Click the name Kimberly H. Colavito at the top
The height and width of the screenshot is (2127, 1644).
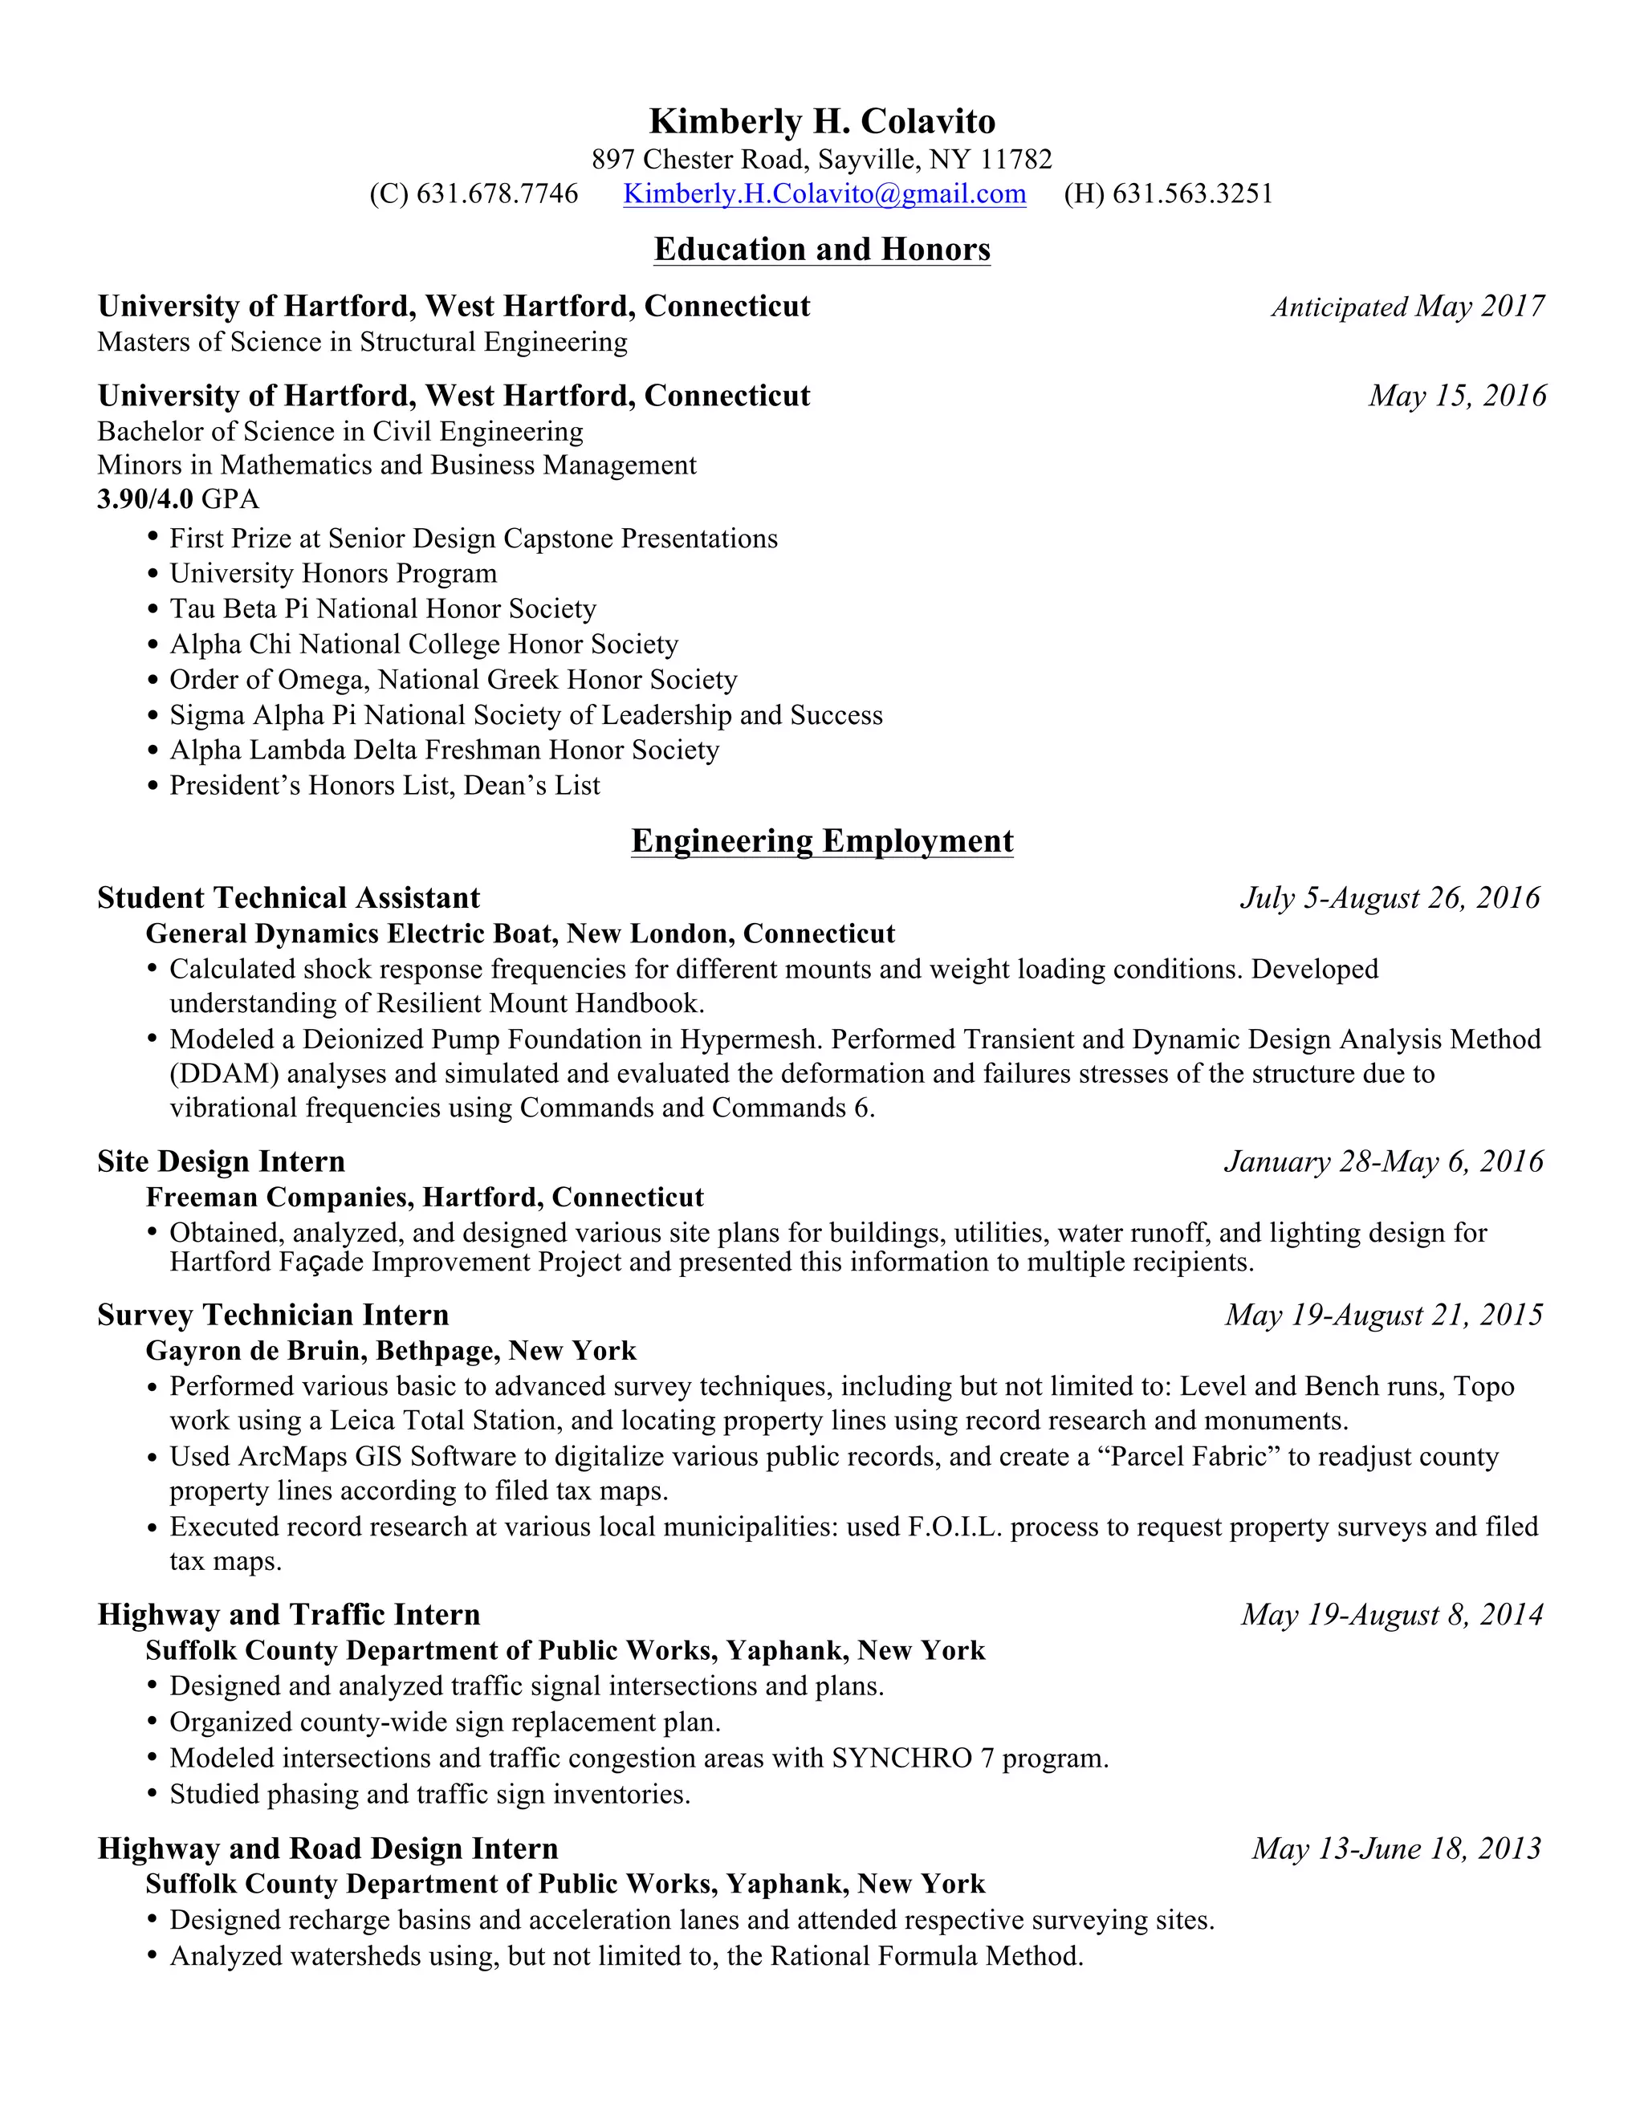point(822,122)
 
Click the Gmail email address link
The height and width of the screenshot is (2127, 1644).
point(824,193)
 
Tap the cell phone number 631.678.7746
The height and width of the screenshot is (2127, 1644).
point(497,193)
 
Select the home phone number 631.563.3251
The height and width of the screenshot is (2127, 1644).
point(1192,193)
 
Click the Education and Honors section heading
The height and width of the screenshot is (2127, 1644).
point(822,250)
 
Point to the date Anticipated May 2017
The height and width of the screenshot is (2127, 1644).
point(1407,307)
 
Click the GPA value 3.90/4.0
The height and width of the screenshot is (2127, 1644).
point(145,499)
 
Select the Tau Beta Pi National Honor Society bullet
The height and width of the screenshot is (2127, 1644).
point(382,608)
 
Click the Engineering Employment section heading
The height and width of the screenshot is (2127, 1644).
point(822,840)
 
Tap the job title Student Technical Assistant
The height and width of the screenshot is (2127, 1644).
point(288,898)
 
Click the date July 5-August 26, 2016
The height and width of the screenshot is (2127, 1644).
point(1390,898)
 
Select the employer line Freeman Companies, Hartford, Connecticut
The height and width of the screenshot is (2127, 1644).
point(425,1197)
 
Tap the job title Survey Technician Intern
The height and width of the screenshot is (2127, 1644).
point(273,1315)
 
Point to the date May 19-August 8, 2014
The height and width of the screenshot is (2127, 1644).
point(1392,1615)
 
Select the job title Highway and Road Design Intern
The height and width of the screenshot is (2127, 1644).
point(328,1848)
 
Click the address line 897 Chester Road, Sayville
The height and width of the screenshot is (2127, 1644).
point(822,159)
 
